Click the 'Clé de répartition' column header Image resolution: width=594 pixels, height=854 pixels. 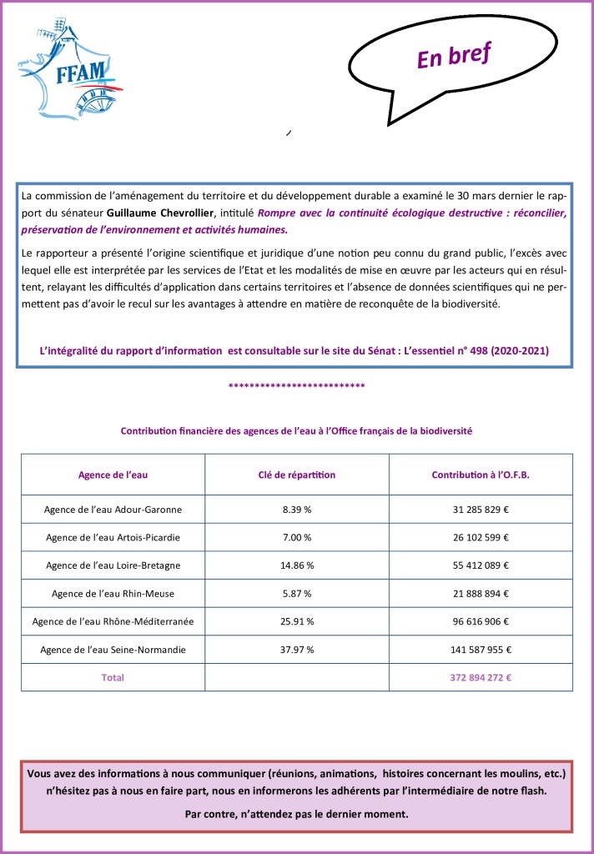pyautogui.click(x=297, y=475)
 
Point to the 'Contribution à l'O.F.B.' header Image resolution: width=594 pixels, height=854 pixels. pyautogui.click(x=481, y=475)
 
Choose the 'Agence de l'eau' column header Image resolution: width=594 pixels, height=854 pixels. pyautogui.click(x=113, y=475)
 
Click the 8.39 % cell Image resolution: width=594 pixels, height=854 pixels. pyautogui.click(x=297, y=509)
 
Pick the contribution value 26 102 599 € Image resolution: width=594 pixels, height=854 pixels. pyautogui.click(x=481, y=537)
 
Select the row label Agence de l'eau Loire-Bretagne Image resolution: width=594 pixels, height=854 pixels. pyautogui.click(x=113, y=565)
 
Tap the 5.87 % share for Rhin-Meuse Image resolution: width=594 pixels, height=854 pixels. pyautogui.click(x=297, y=594)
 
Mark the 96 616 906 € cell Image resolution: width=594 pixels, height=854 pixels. pyautogui.click(x=481, y=621)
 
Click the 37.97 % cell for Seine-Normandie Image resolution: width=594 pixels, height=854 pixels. pyautogui.click(x=297, y=650)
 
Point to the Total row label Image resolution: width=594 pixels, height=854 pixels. pyautogui.click(x=113, y=677)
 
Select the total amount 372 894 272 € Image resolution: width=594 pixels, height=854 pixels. pyautogui.click(x=481, y=677)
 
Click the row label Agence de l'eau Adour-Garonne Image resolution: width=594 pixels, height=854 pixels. pyautogui.click(x=113, y=509)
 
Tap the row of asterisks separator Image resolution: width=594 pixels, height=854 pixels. pyautogui.click(x=296, y=386)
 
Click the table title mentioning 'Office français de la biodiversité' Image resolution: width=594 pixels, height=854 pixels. pyautogui.click(x=296, y=431)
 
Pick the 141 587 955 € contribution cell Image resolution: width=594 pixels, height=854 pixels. pyautogui.click(x=481, y=650)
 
